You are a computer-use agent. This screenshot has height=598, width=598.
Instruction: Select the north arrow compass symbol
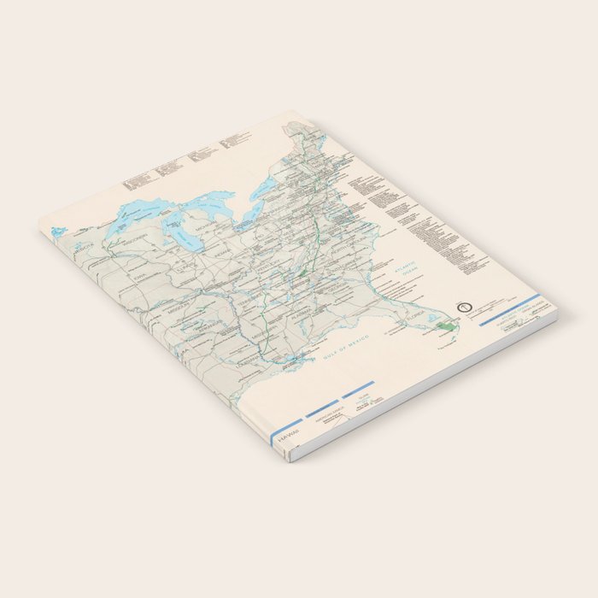[x=465, y=302]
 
